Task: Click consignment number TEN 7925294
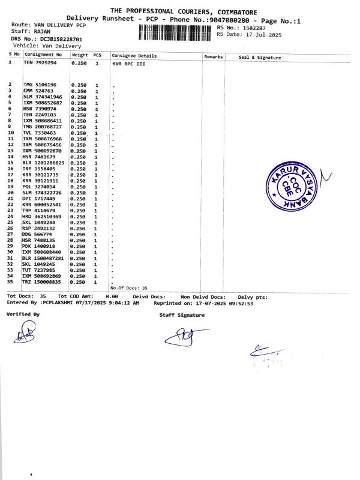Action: click(40, 62)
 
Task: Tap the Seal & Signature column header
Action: click(260, 57)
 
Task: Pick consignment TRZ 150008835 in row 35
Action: click(42, 281)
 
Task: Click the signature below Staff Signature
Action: click(185, 337)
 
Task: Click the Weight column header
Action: click(80, 55)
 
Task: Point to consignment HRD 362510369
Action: click(43, 216)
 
